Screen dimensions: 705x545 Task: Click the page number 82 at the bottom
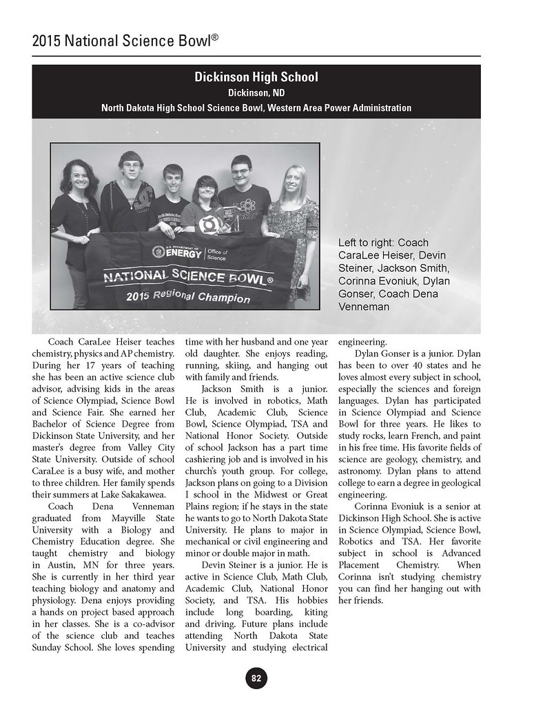tap(256, 678)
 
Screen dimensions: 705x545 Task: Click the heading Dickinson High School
tap(256, 77)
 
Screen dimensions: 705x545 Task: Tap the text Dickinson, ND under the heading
tap(256, 92)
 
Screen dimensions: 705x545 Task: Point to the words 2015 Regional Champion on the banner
tap(187, 296)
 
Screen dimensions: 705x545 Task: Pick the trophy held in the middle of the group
tap(232, 220)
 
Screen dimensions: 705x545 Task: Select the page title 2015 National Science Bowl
tap(125, 41)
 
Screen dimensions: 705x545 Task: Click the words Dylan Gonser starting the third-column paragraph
tap(382, 354)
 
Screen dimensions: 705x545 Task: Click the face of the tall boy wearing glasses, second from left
tap(130, 166)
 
